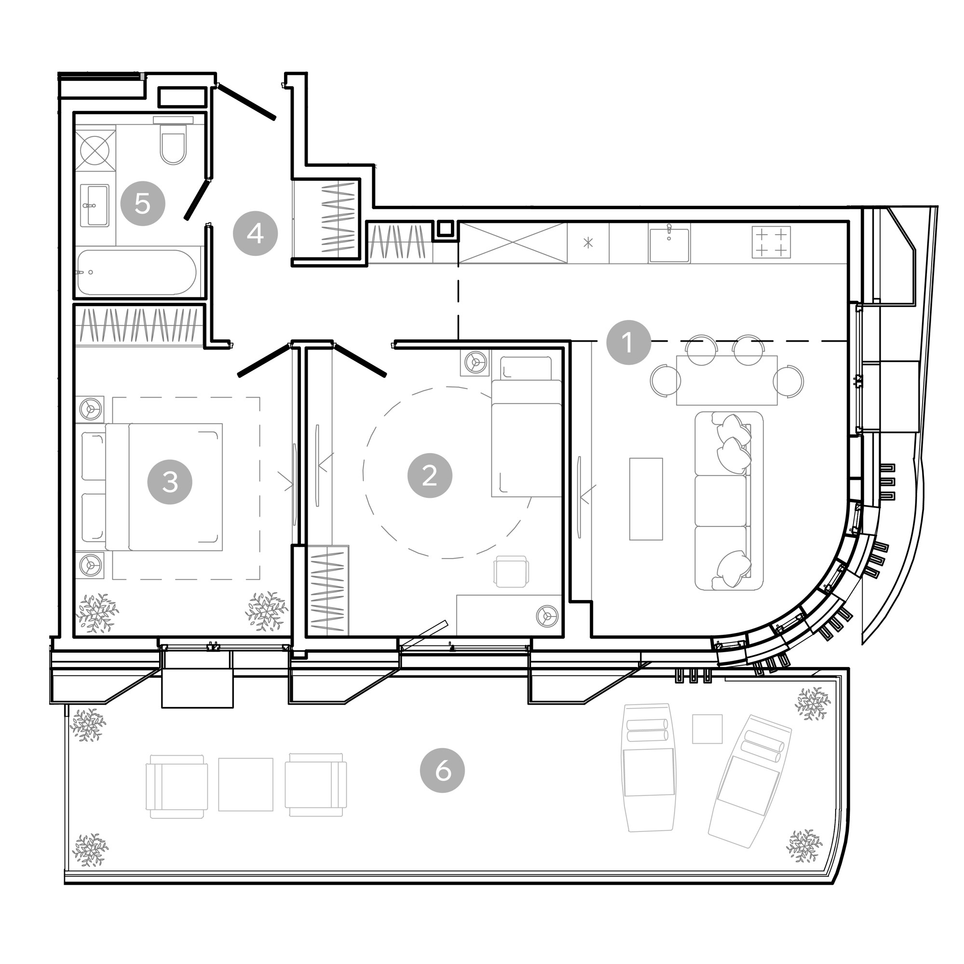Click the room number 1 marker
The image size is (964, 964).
tap(628, 342)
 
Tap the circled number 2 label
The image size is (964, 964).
tap(430, 476)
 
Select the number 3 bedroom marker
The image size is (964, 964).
tap(170, 482)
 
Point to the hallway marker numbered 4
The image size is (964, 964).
tap(255, 233)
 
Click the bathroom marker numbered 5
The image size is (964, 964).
tap(143, 203)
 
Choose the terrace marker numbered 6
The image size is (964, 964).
tap(442, 771)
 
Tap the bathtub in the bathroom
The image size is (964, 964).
tap(137, 272)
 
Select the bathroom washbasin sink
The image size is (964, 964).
tap(95, 205)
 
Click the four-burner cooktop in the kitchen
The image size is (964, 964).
tap(771, 242)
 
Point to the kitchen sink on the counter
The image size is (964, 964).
tap(669, 243)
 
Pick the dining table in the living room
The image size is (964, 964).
tap(727, 380)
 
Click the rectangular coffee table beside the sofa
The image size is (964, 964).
tap(646, 499)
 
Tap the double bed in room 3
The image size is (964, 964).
tap(164, 487)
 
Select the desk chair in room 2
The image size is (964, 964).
tap(511, 572)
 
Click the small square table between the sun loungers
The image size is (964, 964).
tap(707, 729)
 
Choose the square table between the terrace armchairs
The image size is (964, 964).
tap(245, 784)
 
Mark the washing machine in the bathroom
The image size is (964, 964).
tap(95, 150)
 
